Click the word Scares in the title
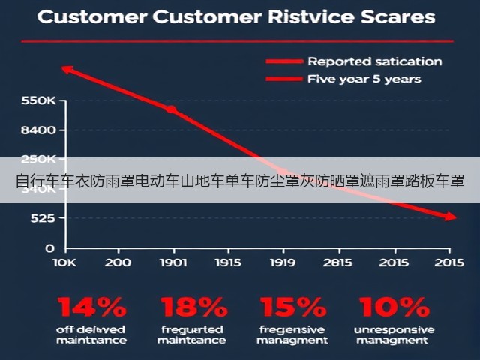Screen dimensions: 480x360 [398, 16]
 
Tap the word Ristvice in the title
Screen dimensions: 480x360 [311, 16]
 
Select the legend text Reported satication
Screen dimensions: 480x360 [375, 61]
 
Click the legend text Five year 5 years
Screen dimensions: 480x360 [364, 79]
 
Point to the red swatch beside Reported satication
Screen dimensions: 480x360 [284, 61]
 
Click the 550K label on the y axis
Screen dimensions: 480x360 [38, 100]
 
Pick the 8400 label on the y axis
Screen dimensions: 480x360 [38, 130]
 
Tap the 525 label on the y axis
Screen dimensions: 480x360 [43, 218]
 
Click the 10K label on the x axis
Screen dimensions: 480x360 [64, 262]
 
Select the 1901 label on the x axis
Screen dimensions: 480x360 [173, 262]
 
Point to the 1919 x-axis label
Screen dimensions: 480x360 [283, 262]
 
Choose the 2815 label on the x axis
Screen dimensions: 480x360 [337, 262]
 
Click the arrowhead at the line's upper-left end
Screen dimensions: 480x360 [63, 68]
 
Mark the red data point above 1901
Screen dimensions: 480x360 [171, 109]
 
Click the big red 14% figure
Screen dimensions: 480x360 [91, 307]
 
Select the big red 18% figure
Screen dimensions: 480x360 [194, 307]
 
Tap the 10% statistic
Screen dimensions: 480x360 [394, 307]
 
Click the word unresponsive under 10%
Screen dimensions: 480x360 [394, 330]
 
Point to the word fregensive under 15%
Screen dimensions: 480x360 [292, 330]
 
